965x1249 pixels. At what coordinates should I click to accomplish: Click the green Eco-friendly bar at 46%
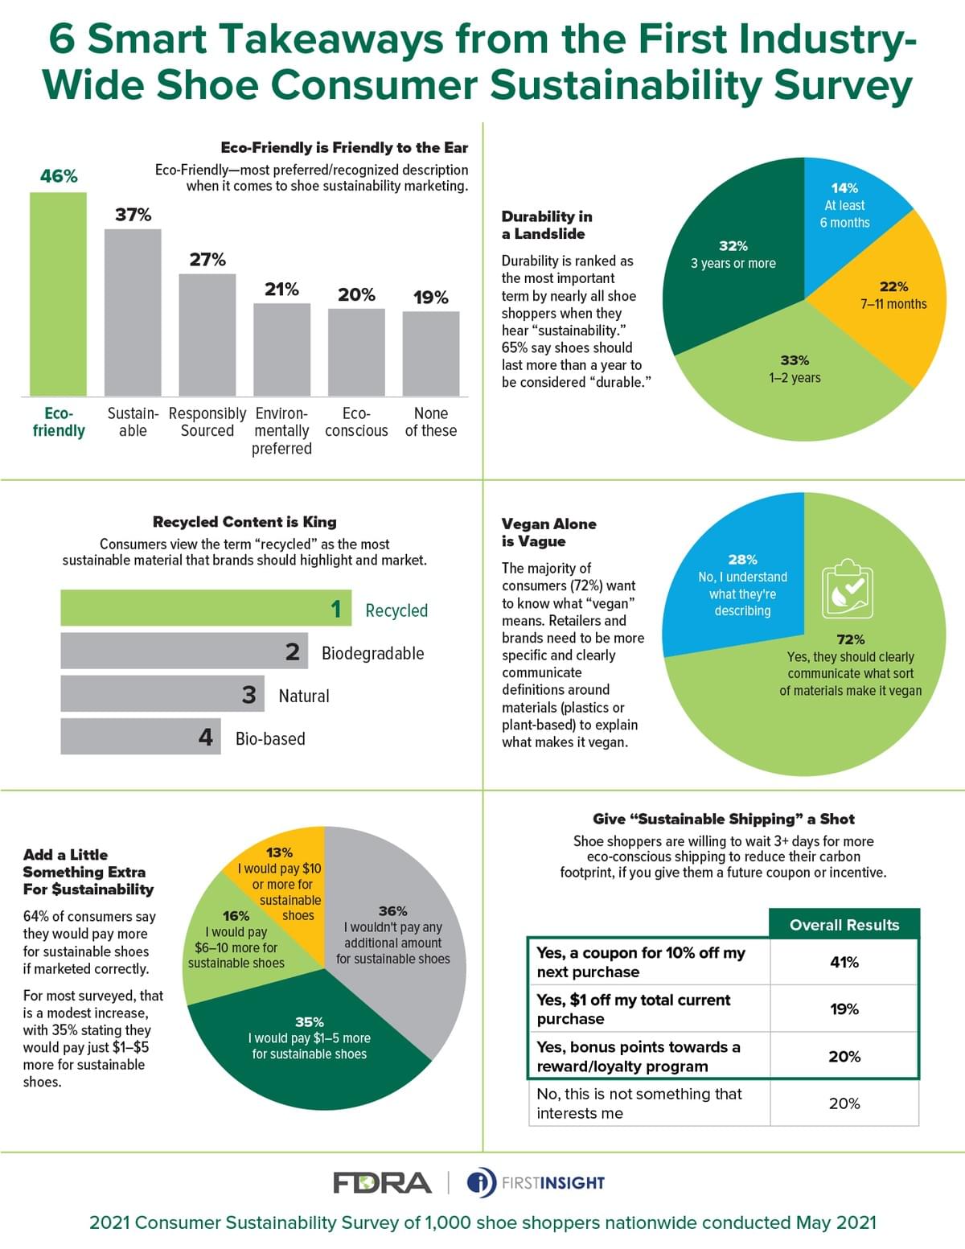58,294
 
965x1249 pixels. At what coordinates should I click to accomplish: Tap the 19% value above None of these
431,298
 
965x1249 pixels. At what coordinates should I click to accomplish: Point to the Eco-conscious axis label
356,422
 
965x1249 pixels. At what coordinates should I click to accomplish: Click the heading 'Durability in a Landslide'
547,225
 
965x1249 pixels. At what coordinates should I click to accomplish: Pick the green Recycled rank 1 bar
206,608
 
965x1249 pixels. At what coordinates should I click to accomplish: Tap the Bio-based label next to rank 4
270,738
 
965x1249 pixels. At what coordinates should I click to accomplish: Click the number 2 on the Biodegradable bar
293,651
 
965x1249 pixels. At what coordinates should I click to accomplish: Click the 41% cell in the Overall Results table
844,962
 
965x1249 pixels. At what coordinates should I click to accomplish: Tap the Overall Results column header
844,925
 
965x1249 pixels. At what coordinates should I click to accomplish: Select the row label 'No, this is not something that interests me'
639,1103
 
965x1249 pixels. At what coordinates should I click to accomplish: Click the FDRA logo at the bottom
382,1182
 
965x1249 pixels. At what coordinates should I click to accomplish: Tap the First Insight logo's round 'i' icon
482,1182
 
